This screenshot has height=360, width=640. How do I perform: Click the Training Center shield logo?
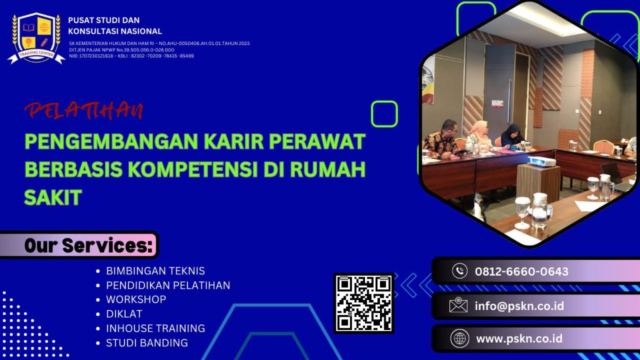(36, 37)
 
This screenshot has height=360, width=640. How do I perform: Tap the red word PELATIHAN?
(84, 111)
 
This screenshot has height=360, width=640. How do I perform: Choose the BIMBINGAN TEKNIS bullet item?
(155, 271)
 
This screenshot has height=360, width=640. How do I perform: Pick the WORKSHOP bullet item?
(136, 299)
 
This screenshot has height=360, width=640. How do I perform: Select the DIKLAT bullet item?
(124, 314)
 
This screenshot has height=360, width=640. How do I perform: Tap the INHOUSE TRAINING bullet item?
(155, 328)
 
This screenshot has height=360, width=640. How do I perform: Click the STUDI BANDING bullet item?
(146, 342)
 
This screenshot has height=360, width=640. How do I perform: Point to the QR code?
(364, 303)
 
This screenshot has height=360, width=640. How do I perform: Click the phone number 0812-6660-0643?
(521, 271)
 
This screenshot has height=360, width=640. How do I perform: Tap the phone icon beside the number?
(459, 271)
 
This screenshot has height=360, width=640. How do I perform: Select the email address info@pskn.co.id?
(519, 306)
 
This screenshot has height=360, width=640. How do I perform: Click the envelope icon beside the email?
(459, 306)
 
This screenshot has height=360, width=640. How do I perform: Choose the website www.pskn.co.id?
(519, 339)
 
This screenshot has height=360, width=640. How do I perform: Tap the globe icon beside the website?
(459, 339)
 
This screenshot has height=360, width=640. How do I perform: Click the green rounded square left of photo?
(384, 114)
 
